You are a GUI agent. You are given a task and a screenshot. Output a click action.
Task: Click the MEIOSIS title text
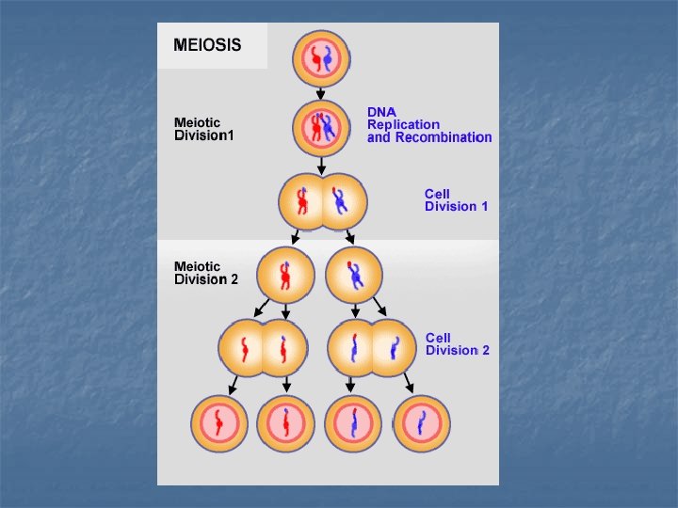pyautogui.click(x=207, y=45)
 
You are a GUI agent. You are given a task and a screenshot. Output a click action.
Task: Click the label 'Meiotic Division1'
pyautogui.click(x=203, y=129)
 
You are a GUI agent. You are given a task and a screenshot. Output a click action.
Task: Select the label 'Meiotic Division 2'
pyautogui.click(x=206, y=273)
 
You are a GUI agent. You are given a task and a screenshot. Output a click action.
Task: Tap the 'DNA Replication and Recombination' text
pyautogui.click(x=429, y=125)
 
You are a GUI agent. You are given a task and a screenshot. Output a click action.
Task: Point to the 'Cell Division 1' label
pyautogui.click(x=456, y=200)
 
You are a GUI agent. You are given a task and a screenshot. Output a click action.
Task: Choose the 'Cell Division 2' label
pyautogui.click(x=458, y=344)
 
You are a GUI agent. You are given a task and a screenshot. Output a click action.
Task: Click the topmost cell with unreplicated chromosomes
pyautogui.click(x=321, y=58)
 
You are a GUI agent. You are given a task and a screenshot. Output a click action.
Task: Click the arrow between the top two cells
pyautogui.click(x=320, y=94)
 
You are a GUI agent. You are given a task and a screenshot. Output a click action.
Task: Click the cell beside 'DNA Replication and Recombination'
pyautogui.click(x=321, y=128)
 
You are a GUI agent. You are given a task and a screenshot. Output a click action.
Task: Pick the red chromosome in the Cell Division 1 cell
pyautogui.click(x=302, y=201)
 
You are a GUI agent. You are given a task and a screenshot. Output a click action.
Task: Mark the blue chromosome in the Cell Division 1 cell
pyautogui.click(x=339, y=200)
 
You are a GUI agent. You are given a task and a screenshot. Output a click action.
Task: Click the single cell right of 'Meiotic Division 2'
pyautogui.click(x=285, y=275)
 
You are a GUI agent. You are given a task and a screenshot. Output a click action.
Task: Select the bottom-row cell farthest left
pyautogui.click(x=219, y=423)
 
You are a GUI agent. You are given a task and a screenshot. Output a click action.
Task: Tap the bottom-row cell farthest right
pyautogui.click(x=422, y=423)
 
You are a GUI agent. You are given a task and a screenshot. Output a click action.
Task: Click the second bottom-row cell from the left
pyautogui.click(x=286, y=423)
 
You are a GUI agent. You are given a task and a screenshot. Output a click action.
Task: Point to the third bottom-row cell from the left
pyautogui.click(x=353, y=423)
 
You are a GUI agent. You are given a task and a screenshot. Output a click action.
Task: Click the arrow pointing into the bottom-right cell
pyautogui.click(x=409, y=383)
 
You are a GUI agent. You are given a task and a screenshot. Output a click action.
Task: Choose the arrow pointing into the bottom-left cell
pyautogui.click(x=233, y=385)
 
